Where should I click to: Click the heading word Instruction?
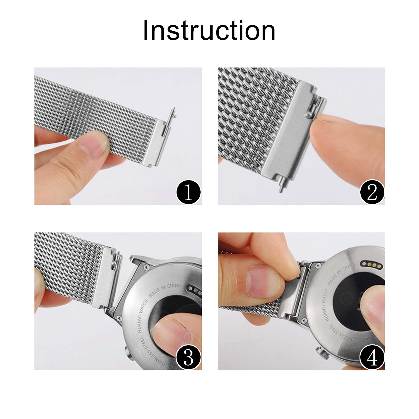coord(209,31)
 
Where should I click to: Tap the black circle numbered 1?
coord(189,193)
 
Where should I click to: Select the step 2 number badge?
coord(372,193)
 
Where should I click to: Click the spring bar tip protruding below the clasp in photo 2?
coord(280,189)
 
